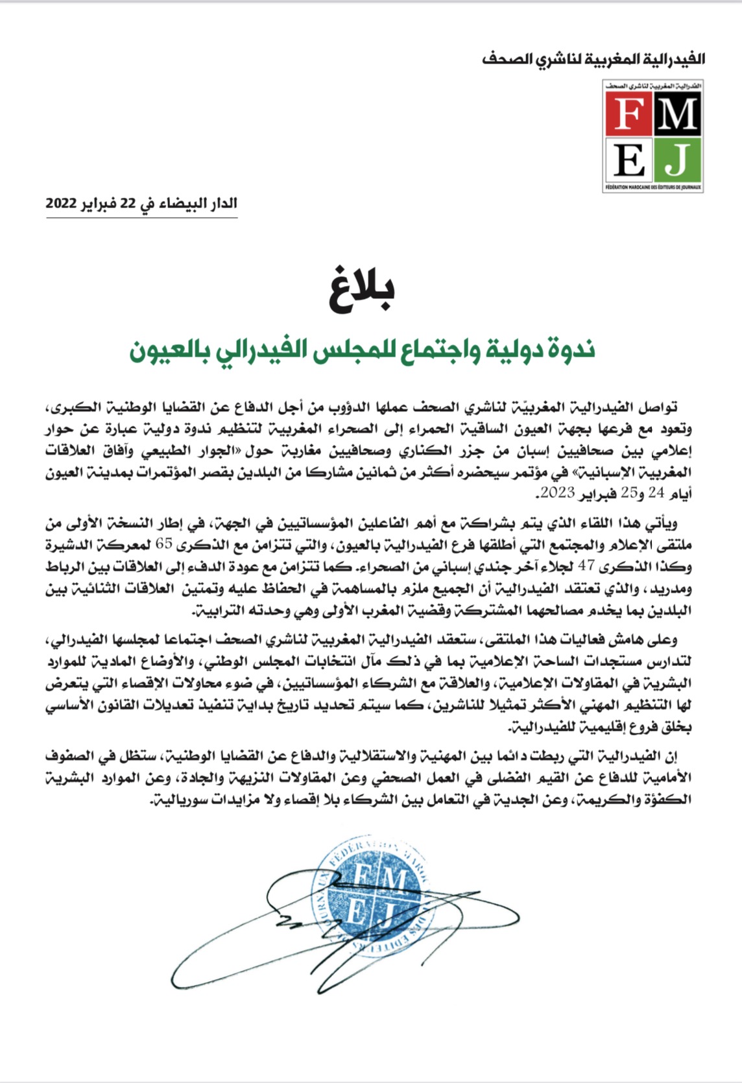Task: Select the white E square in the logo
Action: coord(628,160)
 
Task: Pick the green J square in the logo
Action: coord(677,160)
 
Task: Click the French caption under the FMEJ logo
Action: coord(652,187)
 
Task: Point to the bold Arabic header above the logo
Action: coord(593,60)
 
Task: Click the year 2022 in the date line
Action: coord(62,203)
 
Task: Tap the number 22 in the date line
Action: coord(128,203)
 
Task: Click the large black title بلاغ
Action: coord(362,289)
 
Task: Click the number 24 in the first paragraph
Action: coord(656,493)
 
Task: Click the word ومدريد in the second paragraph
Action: coord(671,589)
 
